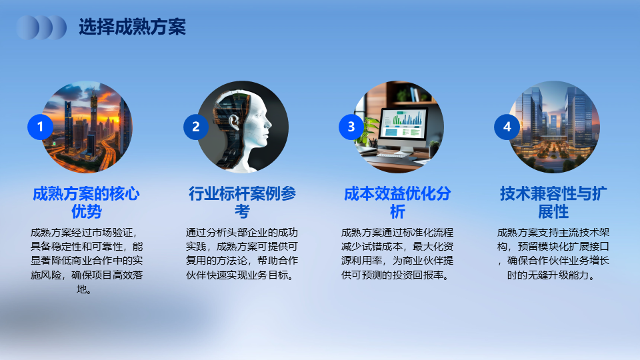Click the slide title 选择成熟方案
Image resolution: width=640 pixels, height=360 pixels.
pos(132,27)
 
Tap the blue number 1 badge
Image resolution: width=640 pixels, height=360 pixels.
pos(40,127)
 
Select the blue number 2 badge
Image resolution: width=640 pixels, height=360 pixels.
pos(196,127)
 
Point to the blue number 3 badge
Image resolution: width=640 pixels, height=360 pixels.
pos(351,127)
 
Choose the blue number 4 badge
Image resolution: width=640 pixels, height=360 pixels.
pos(507,127)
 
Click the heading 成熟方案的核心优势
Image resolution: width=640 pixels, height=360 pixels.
pos(86,203)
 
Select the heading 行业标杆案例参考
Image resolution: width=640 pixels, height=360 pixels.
pos(242,203)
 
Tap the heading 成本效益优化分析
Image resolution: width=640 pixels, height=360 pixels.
pos(397,203)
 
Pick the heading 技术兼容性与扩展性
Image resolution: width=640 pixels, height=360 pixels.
pos(553,203)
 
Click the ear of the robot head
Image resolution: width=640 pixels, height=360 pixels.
pos(234,122)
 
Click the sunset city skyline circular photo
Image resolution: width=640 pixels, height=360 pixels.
pos(87,127)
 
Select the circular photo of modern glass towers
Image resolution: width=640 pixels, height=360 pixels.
pos(553,127)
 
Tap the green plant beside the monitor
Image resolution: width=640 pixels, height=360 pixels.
pos(367,131)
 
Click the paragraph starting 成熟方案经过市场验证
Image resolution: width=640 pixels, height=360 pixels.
pos(87,261)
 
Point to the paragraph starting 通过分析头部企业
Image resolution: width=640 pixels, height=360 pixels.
pos(242,254)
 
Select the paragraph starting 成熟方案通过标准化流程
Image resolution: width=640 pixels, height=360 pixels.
pos(397,254)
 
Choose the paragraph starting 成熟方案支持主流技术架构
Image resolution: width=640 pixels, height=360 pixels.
pos(553,254)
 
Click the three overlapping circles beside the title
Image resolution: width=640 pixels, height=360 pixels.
pos(41,27)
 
